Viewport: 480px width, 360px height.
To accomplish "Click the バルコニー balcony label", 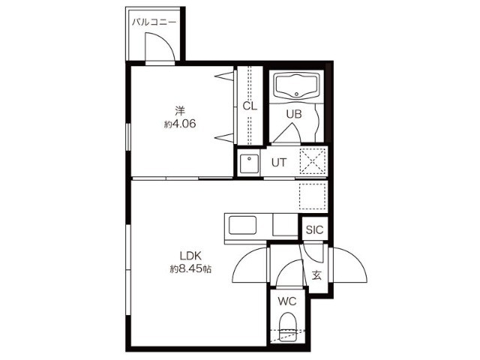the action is pos(154,22).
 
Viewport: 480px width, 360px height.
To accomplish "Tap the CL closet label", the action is pos(250,106).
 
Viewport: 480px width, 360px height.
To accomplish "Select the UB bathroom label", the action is pos(294,114).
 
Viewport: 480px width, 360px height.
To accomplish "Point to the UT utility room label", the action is pos(279,163).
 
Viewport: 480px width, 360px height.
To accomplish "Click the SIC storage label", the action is pos(314,229).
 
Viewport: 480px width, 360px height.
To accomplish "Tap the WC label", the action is pos(287,301).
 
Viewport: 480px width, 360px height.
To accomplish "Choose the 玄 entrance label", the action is pos(316,275).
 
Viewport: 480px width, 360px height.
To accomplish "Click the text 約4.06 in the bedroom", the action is pos(180,124).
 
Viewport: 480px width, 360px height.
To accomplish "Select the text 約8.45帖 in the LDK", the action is pos(190,269).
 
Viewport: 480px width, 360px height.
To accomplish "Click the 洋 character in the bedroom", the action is pos(180,110).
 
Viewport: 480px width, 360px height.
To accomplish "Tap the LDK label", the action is pos(190,256).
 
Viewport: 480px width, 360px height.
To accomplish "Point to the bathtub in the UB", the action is pos(296,86).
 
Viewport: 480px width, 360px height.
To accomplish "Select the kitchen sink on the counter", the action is pos(242,225).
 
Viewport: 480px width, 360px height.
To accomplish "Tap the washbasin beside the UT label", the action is pos(249,163).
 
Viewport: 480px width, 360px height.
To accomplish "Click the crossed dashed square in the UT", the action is pos(312,162).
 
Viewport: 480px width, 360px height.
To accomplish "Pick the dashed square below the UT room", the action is pos(312,196).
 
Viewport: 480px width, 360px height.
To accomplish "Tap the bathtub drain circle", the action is pos(296,94).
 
